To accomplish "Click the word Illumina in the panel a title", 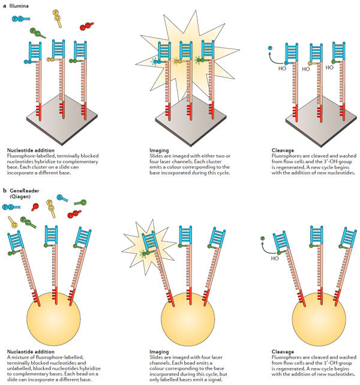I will coord(22,5).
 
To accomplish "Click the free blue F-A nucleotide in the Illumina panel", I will coord(17,19).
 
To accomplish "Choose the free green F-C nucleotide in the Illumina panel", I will coord(37,32).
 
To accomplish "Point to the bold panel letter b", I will coord(5,191).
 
